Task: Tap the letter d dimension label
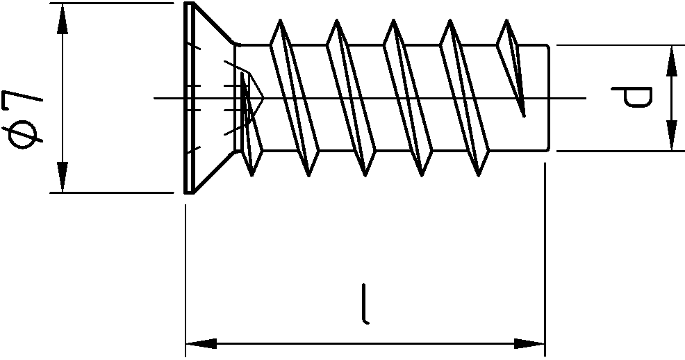point(632,97)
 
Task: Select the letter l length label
point(365,304)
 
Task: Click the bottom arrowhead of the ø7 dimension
point(63,177)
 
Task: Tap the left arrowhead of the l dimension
point(201,343)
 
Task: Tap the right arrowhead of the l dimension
point(529,343)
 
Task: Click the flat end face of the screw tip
point(548,98)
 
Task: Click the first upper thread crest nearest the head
point(280,20)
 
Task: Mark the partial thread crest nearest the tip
point(506,21)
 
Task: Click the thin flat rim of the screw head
point(189,97)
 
